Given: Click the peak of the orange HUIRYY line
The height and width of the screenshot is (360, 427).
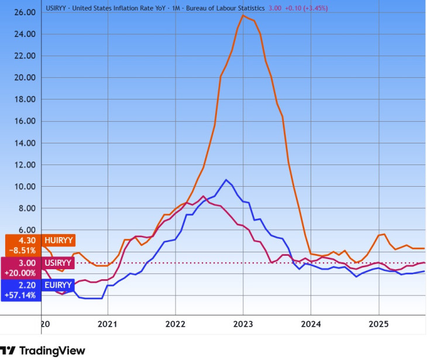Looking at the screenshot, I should pyautogui.click(x=243, y=15).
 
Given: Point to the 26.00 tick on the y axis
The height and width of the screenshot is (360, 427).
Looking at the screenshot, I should pyautogui.click(x=24, y=12).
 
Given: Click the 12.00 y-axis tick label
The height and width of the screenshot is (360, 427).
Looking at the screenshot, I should pyautogui.click(x=24, y=165).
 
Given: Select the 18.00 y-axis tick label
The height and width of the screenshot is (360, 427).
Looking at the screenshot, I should pyautogui.click(x=24, y=100).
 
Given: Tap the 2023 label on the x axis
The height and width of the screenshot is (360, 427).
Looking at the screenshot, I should pyautogui.click(x=243, y=324).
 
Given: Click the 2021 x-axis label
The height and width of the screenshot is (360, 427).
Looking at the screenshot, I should pyautogui.click(x=108, y=324).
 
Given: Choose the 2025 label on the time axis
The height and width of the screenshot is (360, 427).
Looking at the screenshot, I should pyautogui.click(x=378, y=324).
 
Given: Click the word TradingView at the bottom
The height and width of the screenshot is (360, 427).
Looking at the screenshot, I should pyautogui.click(x=52, y=351).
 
